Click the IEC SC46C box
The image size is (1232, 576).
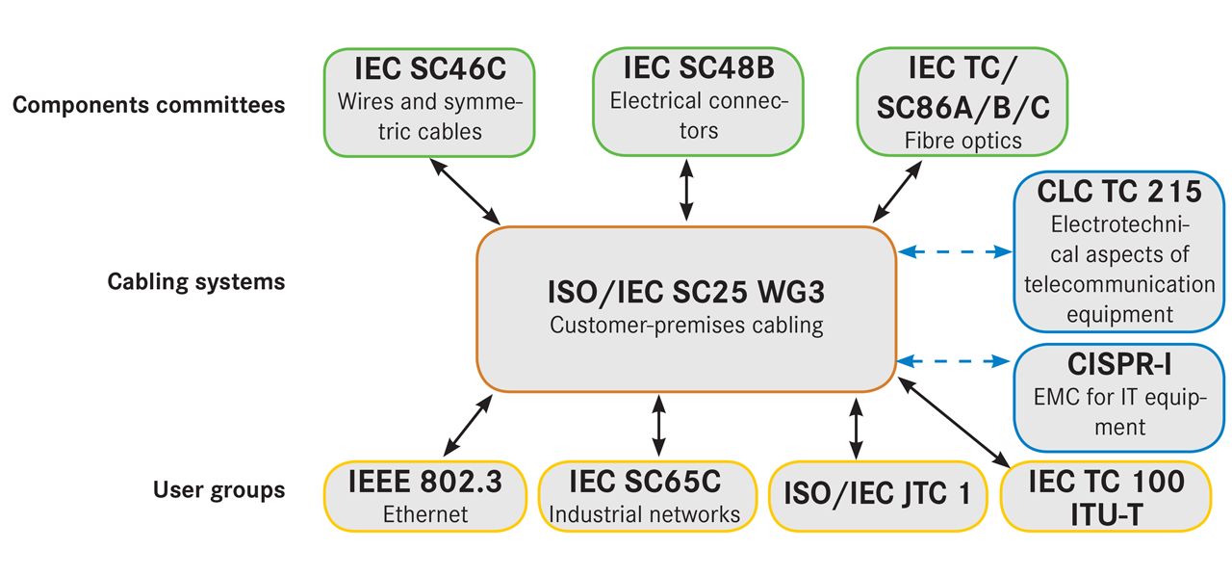[x=428, y=101]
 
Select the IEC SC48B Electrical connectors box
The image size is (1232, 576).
[x=698, y=101]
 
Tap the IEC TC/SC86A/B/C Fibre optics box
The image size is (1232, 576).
[x=962, y=101]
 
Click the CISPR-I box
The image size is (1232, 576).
[x=1119, y=397]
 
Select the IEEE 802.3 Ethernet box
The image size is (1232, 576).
[x=426, y=496]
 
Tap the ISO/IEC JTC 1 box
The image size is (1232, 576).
[x=877, y=496]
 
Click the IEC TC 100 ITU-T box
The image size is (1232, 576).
[x=1105, y=496]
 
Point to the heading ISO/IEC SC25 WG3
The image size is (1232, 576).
[x=686, y=291]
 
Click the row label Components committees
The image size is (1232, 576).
[x=148, y=104]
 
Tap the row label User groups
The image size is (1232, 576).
[x=218, y=489]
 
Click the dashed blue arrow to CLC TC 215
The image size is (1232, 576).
[x=955, y=252]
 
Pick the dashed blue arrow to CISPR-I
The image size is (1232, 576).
[x=955, y=362]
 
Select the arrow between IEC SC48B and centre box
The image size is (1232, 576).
[x=686, y=191]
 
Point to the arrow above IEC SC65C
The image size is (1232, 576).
[x=658, y=428]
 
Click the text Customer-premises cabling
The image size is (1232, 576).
[x=686, y=325]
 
